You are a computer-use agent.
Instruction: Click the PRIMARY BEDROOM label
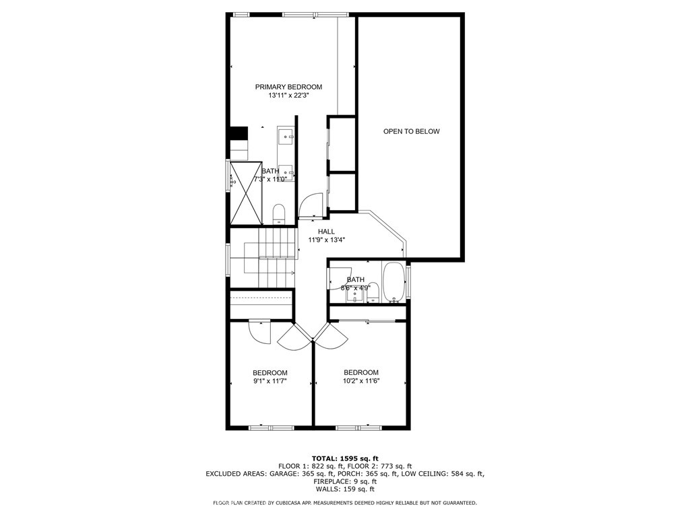[288, 87]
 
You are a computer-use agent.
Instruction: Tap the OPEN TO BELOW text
[411, 131]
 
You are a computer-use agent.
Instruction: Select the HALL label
[326, 232]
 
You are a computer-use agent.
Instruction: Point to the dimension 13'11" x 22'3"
[288, 96]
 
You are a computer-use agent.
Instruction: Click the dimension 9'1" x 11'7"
[270, 382]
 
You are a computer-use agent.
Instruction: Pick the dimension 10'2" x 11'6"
[361, 381]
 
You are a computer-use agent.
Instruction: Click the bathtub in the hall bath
[395, 283]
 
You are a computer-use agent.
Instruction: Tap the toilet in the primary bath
[280, 215]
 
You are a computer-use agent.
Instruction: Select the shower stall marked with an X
[246, 193]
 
